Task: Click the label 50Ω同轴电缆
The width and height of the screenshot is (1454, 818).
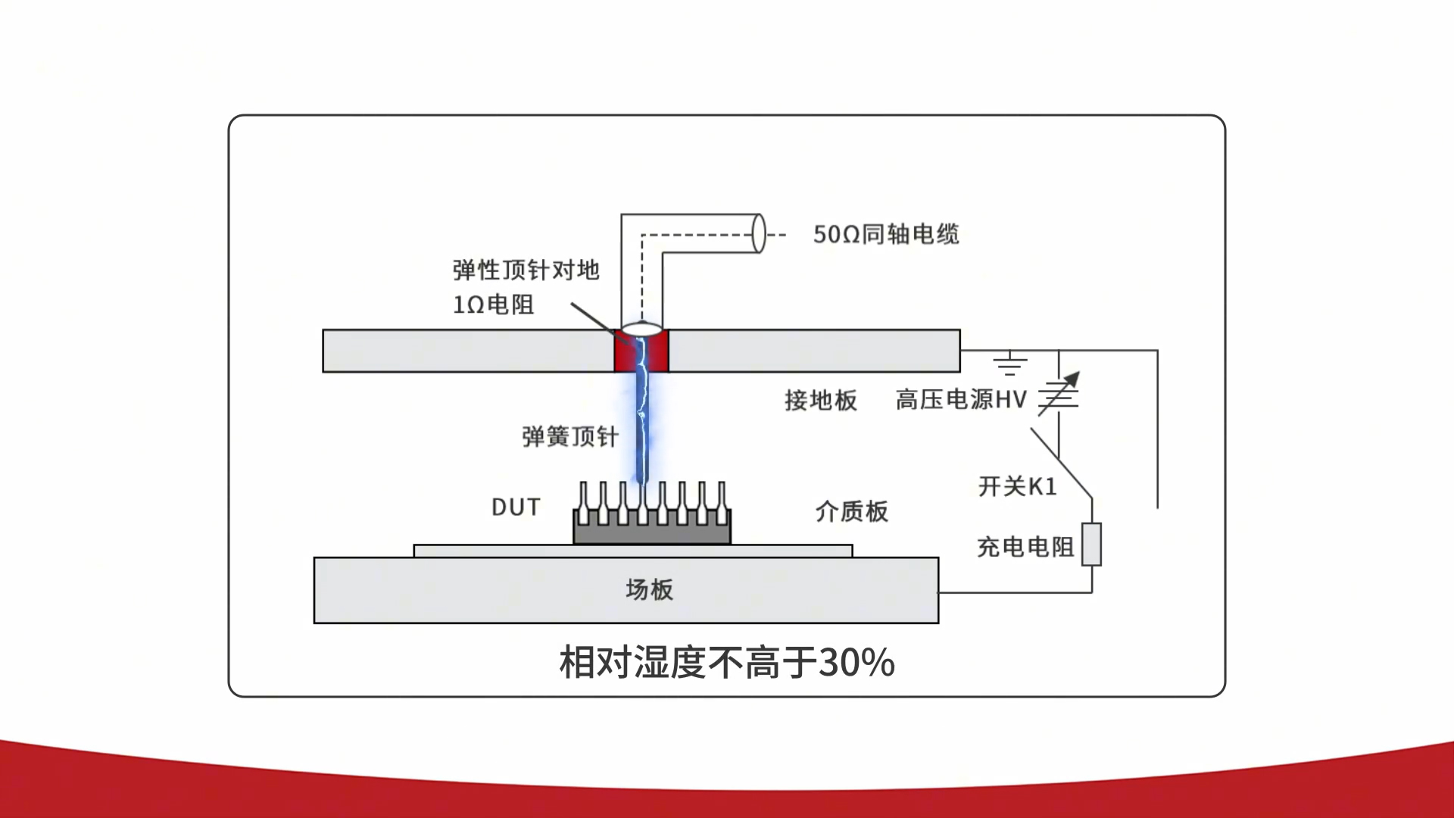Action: [886, 234]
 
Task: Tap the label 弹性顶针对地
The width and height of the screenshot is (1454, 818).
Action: [526, 270]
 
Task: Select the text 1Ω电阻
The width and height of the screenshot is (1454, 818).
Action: [494, 304]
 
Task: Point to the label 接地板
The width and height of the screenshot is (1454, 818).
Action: [820, 400]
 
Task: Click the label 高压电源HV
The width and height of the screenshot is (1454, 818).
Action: [960, 399]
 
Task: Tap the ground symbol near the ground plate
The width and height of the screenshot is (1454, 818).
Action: [1010, 364]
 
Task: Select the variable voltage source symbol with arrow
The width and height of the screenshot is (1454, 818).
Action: [1059, 395]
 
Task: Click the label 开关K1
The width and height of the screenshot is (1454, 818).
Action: [1017, 486]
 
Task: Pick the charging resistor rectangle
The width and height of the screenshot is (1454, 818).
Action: [1091, 544]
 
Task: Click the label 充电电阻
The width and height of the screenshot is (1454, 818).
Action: [1025, 547]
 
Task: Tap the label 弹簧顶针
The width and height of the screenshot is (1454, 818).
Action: [569, 437]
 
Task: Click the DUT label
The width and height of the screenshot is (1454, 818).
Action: [516, 507]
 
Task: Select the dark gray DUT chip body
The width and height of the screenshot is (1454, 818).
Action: [651, 532]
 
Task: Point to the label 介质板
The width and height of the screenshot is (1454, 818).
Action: [851, 511]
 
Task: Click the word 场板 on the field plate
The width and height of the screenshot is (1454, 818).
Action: [649, 589]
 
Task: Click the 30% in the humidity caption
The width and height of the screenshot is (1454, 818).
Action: [856, 663]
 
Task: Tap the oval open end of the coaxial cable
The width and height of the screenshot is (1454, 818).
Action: [758, 233]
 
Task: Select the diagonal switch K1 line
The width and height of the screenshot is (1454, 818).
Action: [1061, 464]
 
